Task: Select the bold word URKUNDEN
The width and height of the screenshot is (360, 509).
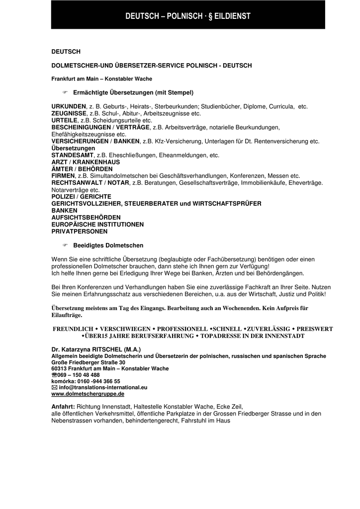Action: [x=69, y=106]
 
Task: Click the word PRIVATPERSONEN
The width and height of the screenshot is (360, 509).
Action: [x=80, y=232]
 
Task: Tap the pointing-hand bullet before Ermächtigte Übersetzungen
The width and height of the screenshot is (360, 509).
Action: [x=65, y=92]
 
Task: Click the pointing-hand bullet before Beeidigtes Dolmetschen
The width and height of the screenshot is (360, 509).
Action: [x=65, y=246]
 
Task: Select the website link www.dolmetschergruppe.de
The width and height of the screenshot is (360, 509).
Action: [x=88, y=394]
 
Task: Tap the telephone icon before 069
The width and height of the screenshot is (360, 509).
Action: [x=54, y=375]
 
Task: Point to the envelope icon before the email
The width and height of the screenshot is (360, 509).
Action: [x=54, y=387]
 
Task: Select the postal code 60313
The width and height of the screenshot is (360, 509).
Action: [x=60, y=369]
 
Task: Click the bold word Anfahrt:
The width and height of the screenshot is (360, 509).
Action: [x=63, y=406]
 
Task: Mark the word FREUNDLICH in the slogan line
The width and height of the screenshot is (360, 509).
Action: [x=73, y=329]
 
